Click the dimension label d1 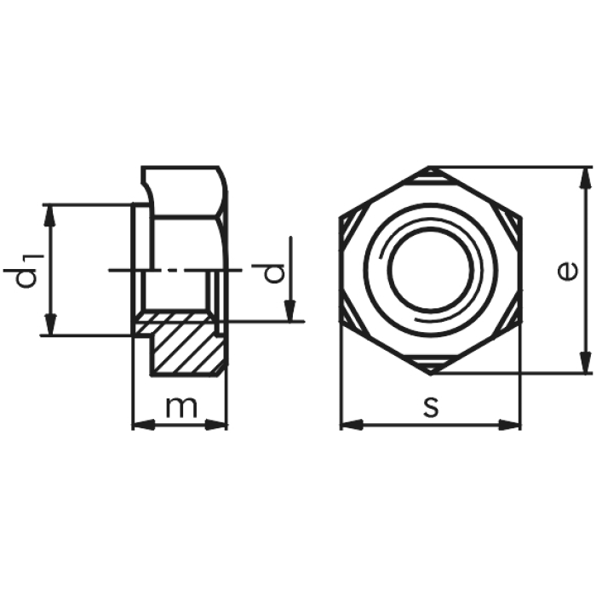24,270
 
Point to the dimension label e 568,271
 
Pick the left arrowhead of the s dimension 352,425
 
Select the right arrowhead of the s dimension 509,425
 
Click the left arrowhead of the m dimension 144,425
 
